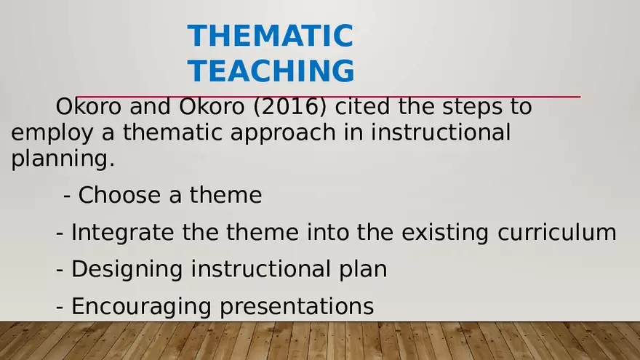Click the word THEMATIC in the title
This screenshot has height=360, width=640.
coord(270,36)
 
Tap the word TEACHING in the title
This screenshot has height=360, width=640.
coord(271,71)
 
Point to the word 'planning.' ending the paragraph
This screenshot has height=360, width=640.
coord(63,159)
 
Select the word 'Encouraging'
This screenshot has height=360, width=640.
coord(142,307)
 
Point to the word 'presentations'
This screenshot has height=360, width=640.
coord(297,307)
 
